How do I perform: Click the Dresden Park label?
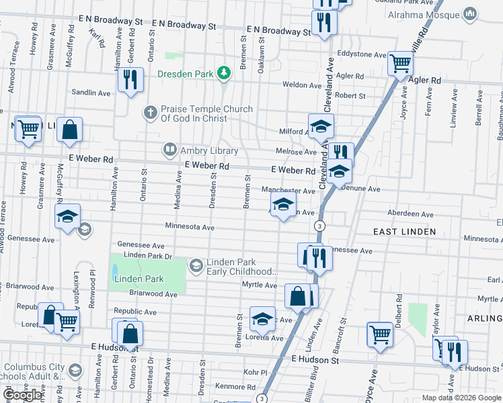pyautogui.click(x=185, y=73)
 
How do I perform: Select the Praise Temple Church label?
pyautogui.click(x=206, y=114)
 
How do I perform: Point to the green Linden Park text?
pyautogui.click(x=139, y=279)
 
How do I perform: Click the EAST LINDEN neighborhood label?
pyautogui.click(x=404, y=232)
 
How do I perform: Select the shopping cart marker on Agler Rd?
pyautogui.click(x=401, y=62)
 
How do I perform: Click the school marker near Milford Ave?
pyautogui.click(x=321, y=126)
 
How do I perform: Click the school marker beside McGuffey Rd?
pyautogui.click(x=68, y=216)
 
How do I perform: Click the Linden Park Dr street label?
pyautogui.click(x=149, y=256)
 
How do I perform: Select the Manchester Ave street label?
pyautogui.click(x=288, y=191)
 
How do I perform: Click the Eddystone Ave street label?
pyautogui.click(x=362, y=54)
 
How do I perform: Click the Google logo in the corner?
pyautogui.click(x=22, y=395)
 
